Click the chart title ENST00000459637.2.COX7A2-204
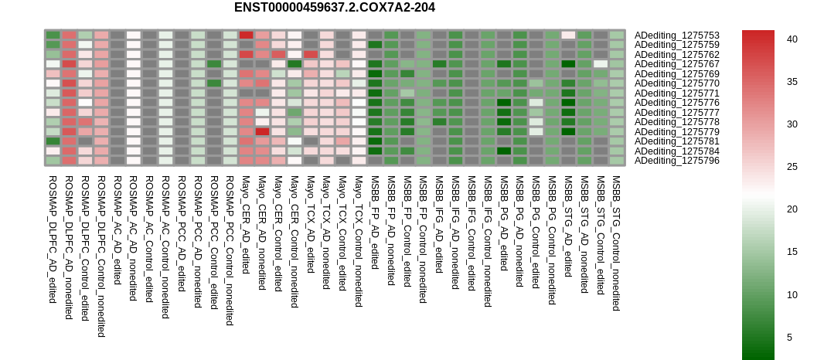334,8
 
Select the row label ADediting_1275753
677,36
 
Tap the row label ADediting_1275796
677,161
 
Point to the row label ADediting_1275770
677,83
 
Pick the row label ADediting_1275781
677,141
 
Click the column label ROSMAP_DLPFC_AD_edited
52,239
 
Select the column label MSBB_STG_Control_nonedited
616,243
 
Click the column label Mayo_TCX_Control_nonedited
359,241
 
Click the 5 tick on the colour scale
789,338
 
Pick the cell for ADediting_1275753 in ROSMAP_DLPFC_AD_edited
53,36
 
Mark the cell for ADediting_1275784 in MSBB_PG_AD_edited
505,151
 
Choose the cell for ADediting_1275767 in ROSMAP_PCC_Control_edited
214,64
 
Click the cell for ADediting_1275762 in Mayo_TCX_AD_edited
311,55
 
